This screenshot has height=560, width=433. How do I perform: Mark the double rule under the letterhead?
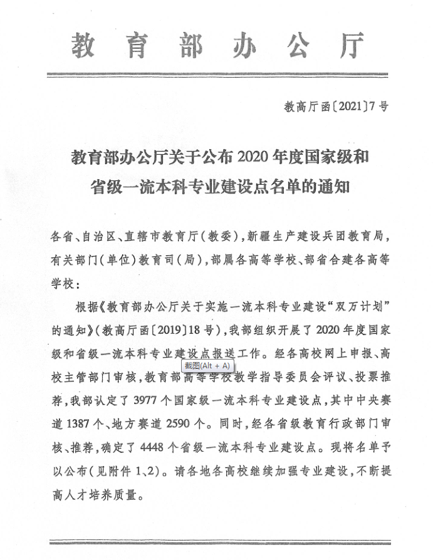[217, 75]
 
